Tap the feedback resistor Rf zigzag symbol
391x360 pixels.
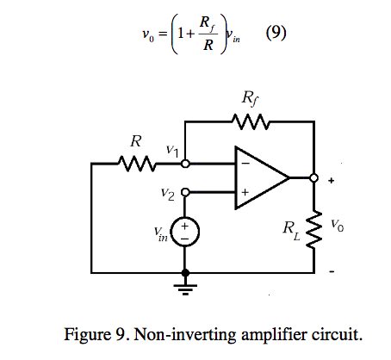tap(252, 123)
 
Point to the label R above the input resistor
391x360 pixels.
tap(136, 140)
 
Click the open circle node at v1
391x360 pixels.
tap(185, 162)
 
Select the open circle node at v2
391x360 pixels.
tap(185, 194)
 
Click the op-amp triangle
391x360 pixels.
tap(259, 178)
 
